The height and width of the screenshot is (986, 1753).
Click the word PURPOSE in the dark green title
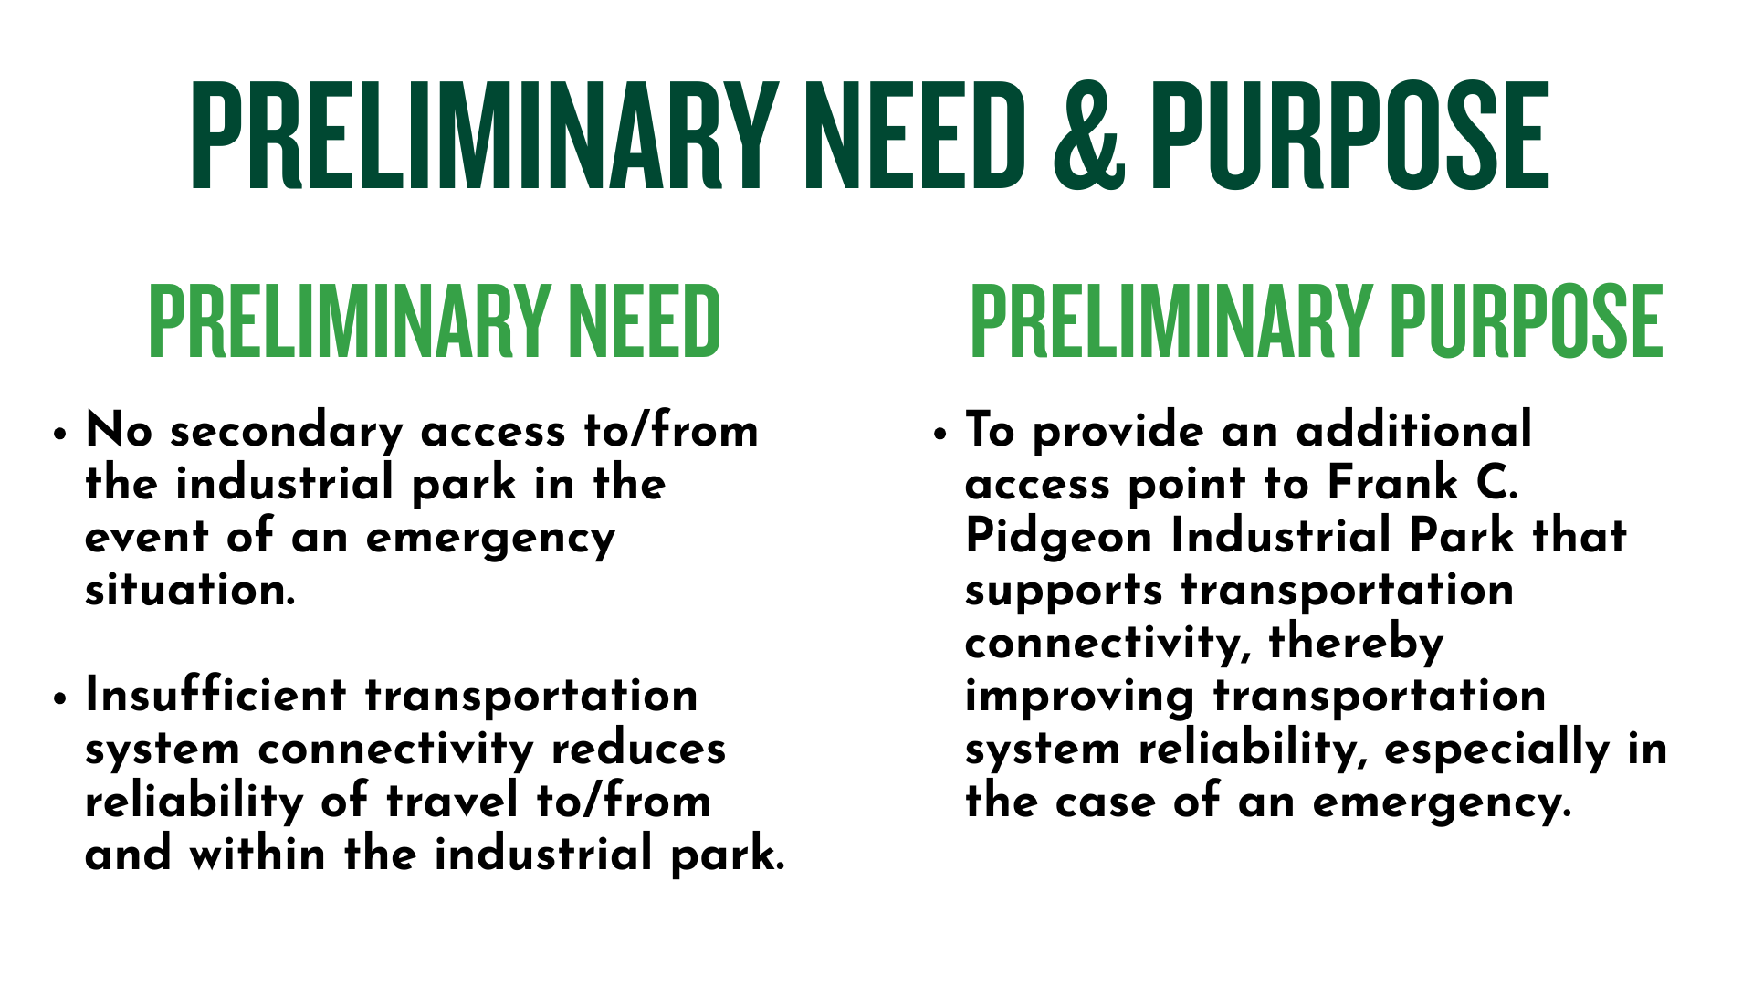tap(1349, 135)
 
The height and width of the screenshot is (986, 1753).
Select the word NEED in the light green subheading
tap(644, 320)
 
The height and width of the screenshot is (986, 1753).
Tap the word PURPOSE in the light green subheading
tap(1526, 320)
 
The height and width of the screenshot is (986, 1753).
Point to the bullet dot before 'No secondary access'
tap(60, 435)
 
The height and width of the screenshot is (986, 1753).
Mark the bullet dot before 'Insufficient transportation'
tap(60, 699)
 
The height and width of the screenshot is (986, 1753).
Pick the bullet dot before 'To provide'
tap(941, 435)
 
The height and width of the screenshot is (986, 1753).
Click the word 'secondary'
tap(286, 431)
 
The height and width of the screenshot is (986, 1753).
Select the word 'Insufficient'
tap(215, 695)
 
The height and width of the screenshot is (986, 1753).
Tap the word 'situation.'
tap(190, 590)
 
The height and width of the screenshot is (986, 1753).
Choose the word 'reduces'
tap(638, 750)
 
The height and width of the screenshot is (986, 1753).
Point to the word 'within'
tap(257, 855)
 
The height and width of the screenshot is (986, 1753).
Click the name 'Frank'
tap(1392, 483)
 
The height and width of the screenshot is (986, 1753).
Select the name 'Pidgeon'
tap(1059, 538)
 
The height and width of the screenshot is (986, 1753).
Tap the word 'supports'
tap(1064, 592)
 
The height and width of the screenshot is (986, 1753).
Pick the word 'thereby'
tap(1356, 643)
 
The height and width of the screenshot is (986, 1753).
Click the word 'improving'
tap(1080, 698)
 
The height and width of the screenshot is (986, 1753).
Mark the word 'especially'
tap(1498, 750)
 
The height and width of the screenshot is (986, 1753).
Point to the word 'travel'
tap(452, 802)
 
